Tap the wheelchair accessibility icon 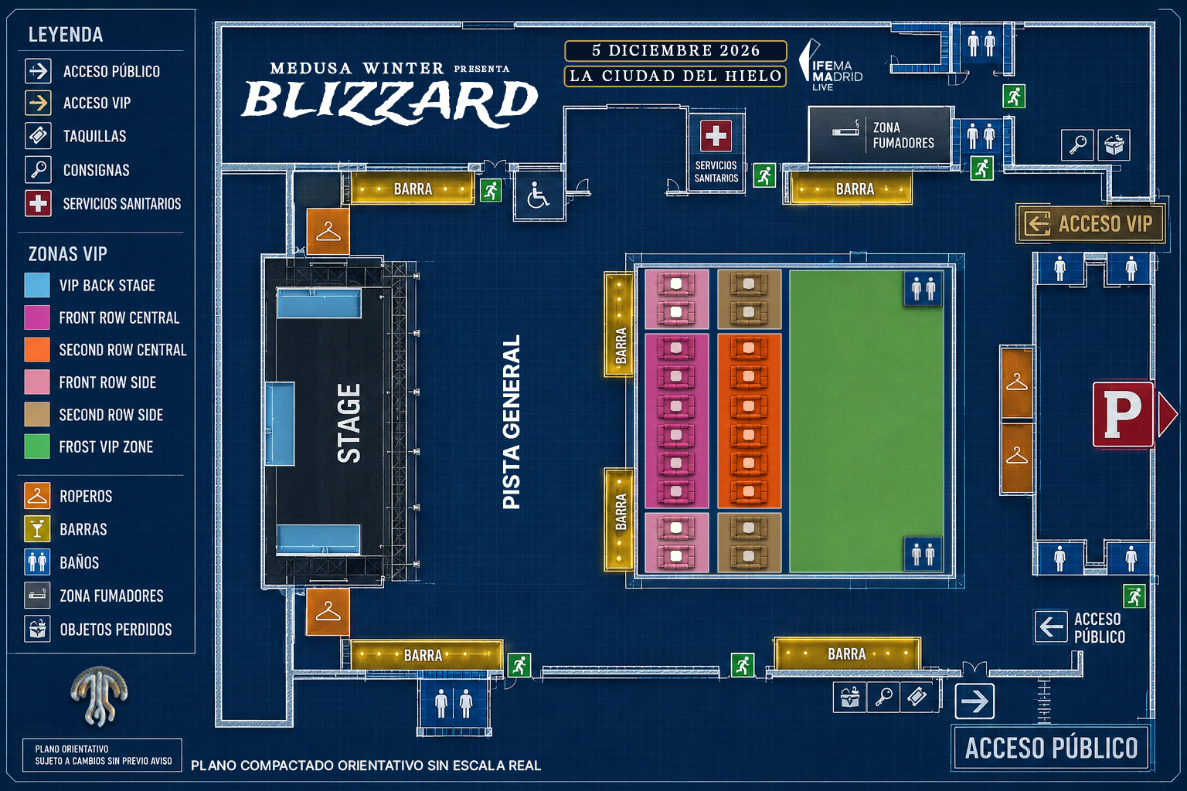tap(539, 195)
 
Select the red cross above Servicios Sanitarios tap(716, 136)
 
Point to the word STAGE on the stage tap(349, 423)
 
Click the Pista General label tap(512, 423)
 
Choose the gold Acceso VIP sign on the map tap(1090, 223)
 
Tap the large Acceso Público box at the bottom tap(1051, 748)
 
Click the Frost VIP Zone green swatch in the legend tap(37, 446)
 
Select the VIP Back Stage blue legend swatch tap(37, 285)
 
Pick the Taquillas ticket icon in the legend tap(38, 136)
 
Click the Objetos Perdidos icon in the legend tap(37, 629)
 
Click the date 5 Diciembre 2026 tap(675, 50)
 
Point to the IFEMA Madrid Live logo tap(831, 66)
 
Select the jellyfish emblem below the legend tap(99, 696)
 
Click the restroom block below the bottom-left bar tap(454, 704)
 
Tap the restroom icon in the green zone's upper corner tap(923, 289)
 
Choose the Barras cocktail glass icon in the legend tap(37, 528)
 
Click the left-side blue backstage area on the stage tap(280, 423)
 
